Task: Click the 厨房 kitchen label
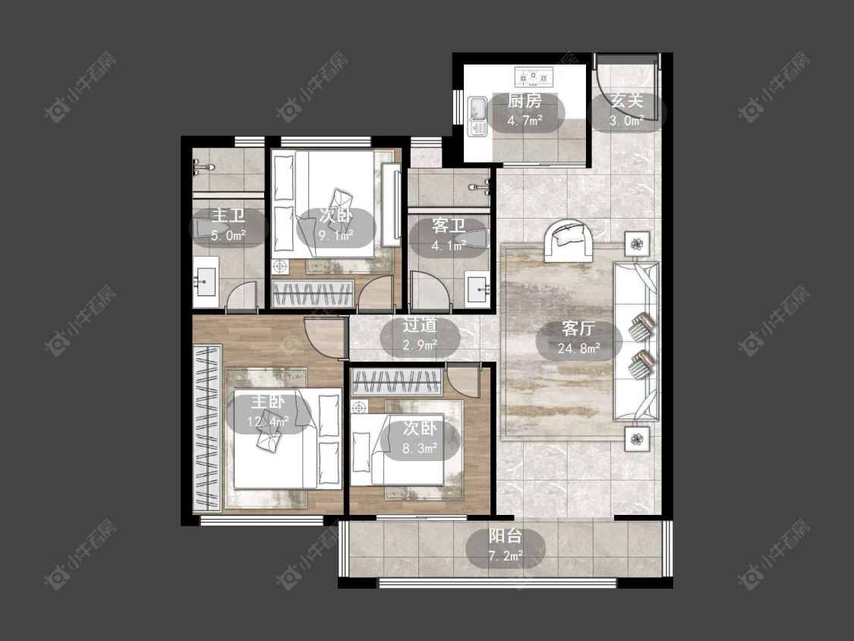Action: [x=525, y=101]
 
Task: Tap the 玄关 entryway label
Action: [x=626, y=101]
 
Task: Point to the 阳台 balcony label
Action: [x=505, y=536]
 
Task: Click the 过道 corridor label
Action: [x=419, y=325]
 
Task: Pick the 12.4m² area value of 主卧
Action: [x=267, y=422]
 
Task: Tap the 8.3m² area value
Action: [x=420, y=449]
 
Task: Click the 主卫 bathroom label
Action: [x=228, y=215]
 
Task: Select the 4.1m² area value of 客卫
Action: [x=449, y=246]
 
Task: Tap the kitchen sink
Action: [x=477, y=116]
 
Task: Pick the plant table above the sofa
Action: [x=637, y=244]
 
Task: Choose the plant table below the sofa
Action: [x=637, y=438]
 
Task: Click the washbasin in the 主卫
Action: [x=206, y=282]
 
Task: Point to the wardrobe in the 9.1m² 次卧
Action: [x=314, y=294]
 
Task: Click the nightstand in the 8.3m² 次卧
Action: [x=360, y=407]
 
